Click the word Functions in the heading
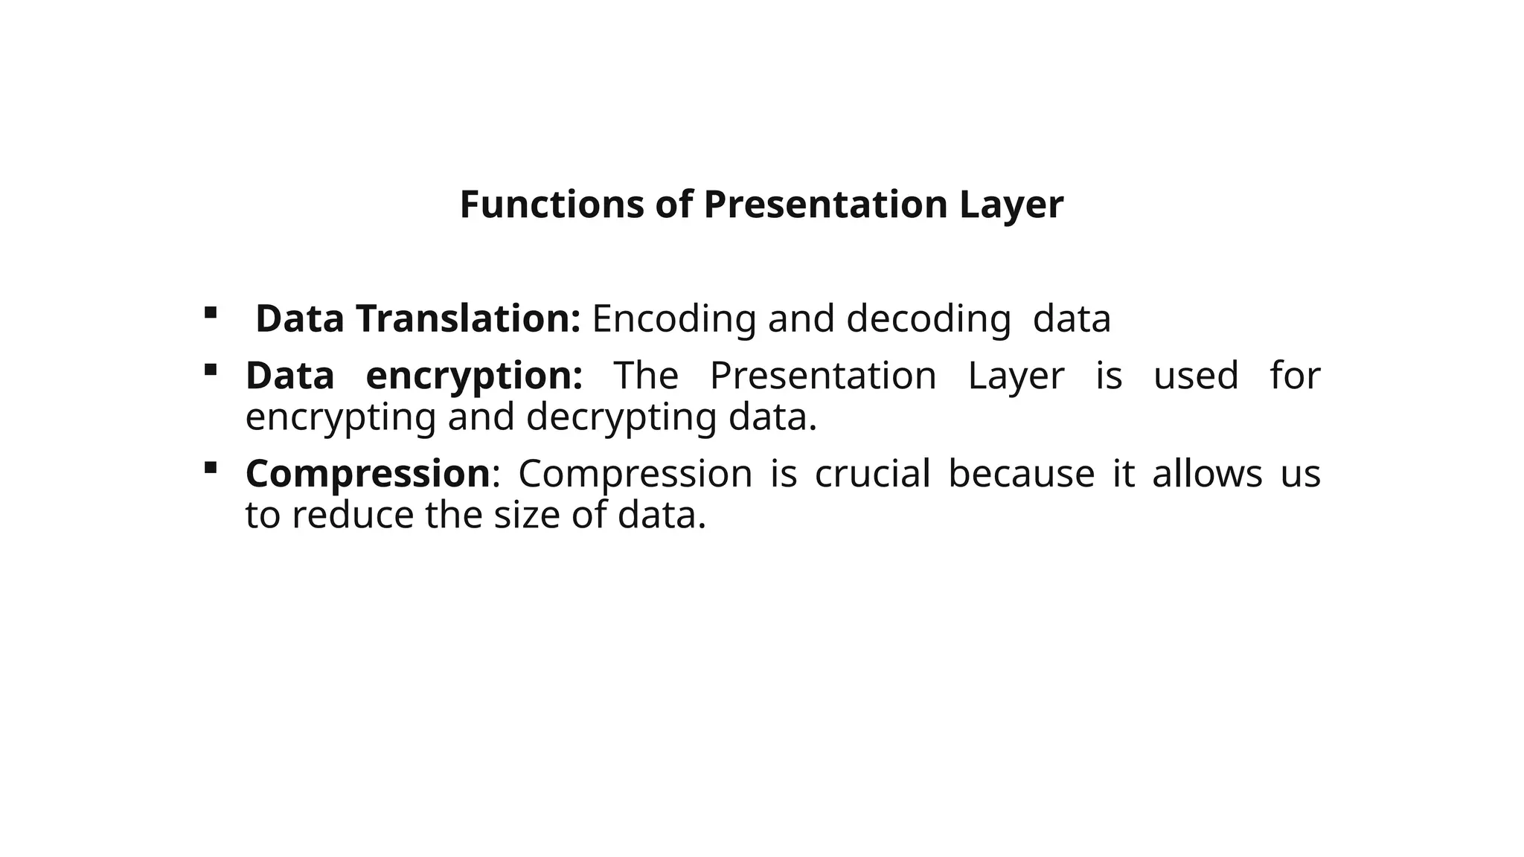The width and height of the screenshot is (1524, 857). click(551, 205)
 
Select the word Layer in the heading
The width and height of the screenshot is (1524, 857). click(1011, 205)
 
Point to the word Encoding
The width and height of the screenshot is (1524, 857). click(674, 318)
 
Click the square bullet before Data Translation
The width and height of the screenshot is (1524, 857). click(211, 312)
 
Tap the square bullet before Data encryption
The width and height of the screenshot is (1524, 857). click(211, 369)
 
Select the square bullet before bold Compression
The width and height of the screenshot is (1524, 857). click(211, 467)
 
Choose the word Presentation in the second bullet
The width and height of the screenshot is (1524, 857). click(823, 376)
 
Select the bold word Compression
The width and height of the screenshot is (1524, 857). click(368, 474)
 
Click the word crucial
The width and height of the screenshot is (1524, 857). click(873, 474)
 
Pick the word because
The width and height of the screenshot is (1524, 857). click(1022, 474)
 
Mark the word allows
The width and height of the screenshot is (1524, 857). click(1207, 474)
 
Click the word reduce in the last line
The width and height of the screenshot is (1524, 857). click(353, 515)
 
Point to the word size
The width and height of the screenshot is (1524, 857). click(527, 515)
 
